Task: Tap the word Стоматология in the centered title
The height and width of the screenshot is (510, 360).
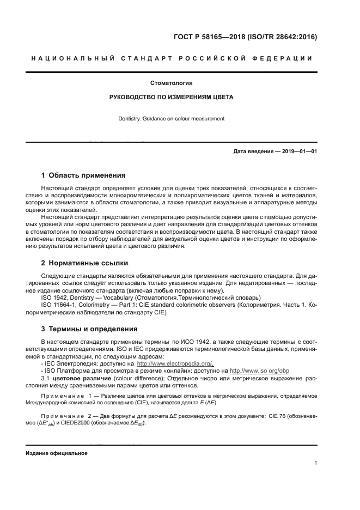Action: point(172,83)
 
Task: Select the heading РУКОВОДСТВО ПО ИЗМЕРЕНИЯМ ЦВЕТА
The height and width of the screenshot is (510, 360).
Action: point(172,98)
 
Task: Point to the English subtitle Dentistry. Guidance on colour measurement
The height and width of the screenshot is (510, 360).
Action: point(172,119)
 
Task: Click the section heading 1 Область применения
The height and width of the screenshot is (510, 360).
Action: point(83,175)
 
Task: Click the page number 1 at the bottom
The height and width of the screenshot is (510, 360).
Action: point(315,463)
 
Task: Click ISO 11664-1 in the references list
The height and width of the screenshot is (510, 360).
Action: point(60,306)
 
